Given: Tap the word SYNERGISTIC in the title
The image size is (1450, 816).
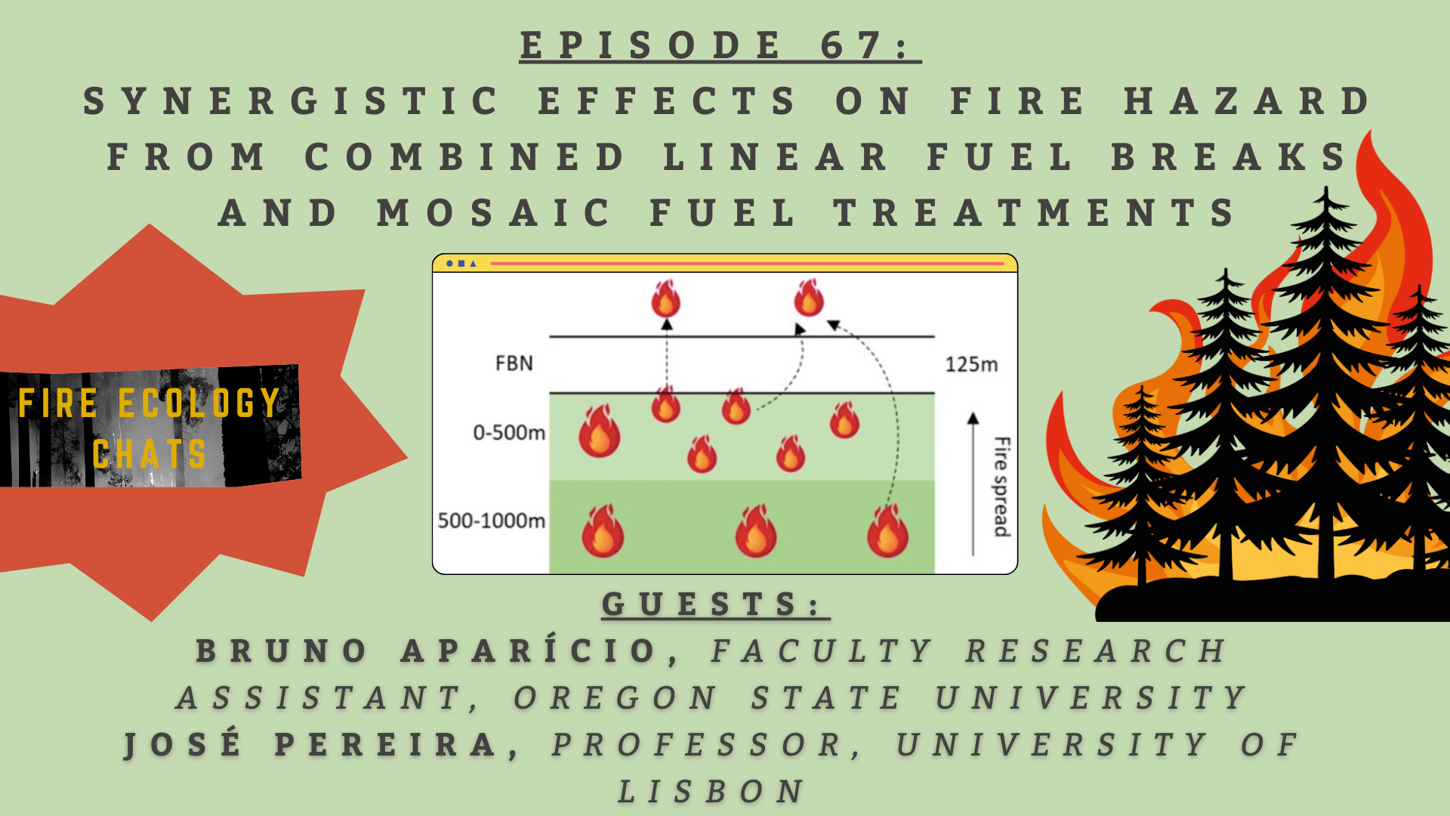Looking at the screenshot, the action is (x=292, y=101).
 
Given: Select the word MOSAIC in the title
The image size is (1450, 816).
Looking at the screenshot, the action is (x=495, y=212).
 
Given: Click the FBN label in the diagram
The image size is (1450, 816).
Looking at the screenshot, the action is (x=514, y=363).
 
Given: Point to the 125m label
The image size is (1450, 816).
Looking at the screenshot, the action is (x=971, y=364).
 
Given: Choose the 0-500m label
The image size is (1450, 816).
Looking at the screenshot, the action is (x=509, y=432).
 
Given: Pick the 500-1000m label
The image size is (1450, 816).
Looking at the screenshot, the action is (x=492, y=521).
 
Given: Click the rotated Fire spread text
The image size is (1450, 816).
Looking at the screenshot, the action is (x=1001, y=487).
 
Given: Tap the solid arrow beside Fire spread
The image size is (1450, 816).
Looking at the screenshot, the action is (x=973, y=484).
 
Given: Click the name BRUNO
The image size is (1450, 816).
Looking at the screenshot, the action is (x=282, y=651).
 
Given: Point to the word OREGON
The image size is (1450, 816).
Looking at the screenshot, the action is (x=616, y=698).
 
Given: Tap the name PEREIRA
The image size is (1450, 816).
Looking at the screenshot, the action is (x=387, y=745).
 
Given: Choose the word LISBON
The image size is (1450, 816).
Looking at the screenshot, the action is (x=712, y=792).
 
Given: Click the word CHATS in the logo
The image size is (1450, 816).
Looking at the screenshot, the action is (x=150, y=454).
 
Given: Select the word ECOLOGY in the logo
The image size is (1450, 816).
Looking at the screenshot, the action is (x=199, y=403).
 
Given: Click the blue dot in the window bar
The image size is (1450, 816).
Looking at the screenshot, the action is (x=450, y=264).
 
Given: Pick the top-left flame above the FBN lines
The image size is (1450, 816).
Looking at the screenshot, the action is (x=665, y=298).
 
